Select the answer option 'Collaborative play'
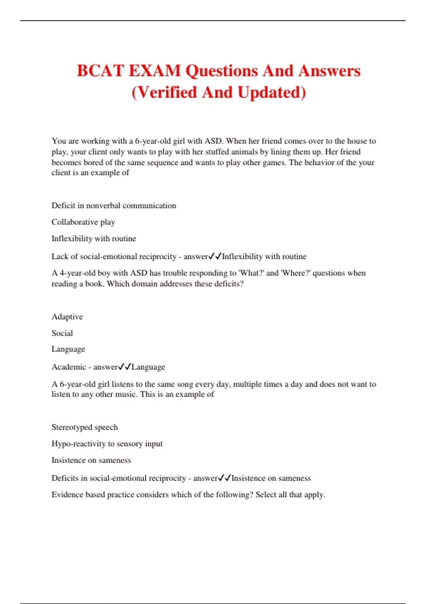pos(83,222)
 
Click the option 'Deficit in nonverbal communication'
pos(114,205)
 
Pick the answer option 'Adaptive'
pos(67,317)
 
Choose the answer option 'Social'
pos(62,333)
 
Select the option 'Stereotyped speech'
pos(84,427)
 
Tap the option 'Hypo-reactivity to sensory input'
pos(107,443)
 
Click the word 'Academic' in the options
pos(69,367)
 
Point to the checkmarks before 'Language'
pos(125,366)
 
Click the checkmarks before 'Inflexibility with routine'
pos(215,256)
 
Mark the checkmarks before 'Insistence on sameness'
pos(225,478)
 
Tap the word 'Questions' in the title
pos(222,71)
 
